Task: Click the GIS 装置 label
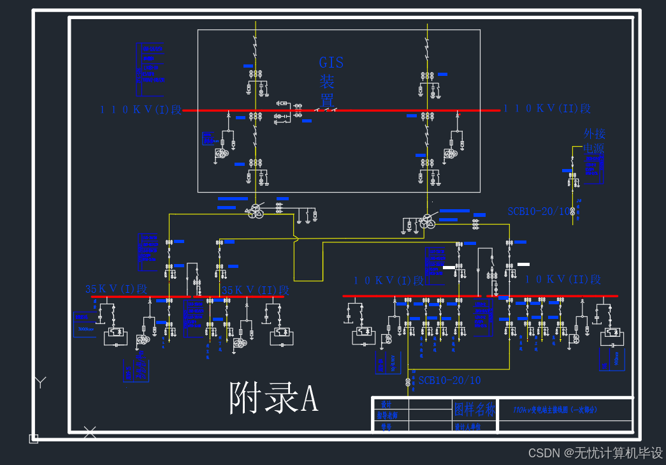331,81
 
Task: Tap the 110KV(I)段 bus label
140,109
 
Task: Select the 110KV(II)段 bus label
547,109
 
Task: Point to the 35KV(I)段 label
116,289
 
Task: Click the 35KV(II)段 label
256,290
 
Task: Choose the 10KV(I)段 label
389,281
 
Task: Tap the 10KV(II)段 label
563,279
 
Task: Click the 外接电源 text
595,141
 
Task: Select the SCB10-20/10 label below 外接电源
539,211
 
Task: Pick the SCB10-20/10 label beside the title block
449,380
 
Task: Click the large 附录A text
273,399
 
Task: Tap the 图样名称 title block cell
474,409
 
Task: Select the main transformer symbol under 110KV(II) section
426,222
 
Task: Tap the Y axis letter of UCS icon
40,382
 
